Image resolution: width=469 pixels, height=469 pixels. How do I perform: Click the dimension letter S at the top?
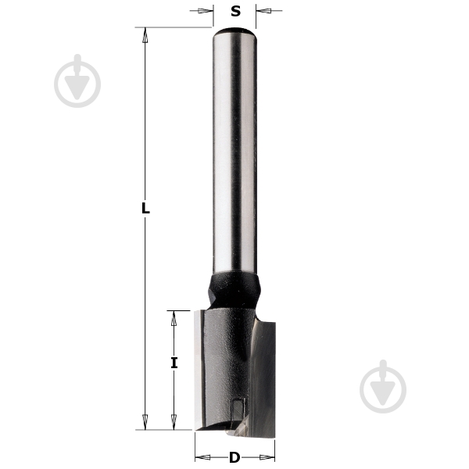(236, 11)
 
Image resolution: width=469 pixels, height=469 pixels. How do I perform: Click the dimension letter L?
(145, 208)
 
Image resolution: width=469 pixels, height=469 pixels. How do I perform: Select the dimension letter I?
(174, 363)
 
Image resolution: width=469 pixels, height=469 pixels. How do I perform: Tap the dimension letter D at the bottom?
(234, 457)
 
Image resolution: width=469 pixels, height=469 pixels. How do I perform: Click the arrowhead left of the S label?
(205, 11)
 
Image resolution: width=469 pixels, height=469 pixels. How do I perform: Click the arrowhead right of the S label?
(264, 11)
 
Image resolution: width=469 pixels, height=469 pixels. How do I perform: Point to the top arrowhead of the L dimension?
(145, 35)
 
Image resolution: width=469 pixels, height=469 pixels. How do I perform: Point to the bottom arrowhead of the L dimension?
(145, 422)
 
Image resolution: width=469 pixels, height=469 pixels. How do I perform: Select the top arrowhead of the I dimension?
(174, 319)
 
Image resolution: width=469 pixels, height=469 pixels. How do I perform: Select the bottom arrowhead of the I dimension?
(174, 422)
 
